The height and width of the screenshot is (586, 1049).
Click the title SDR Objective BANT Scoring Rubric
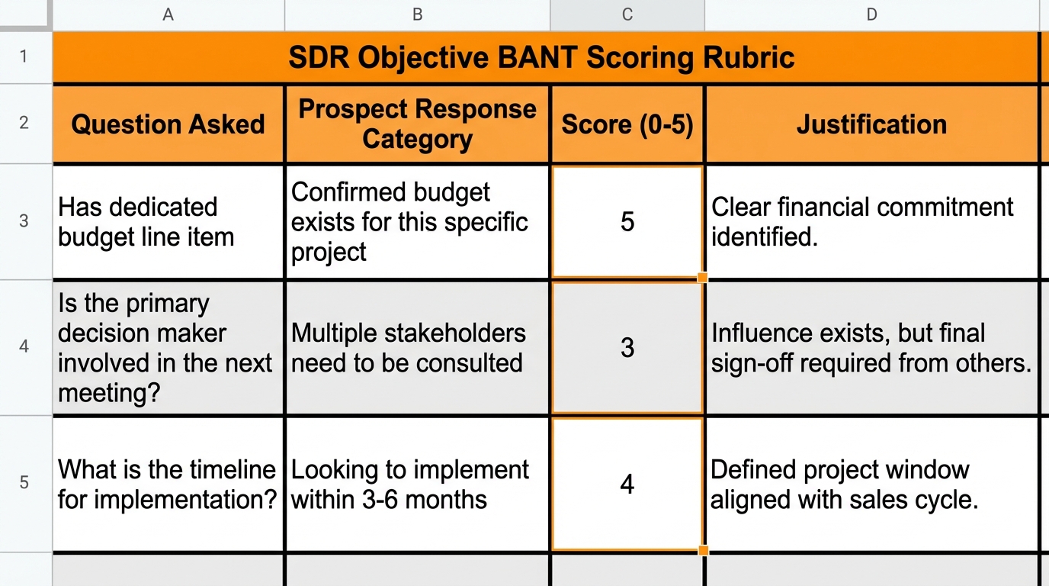(541, 58)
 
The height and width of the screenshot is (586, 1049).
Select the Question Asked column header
(168, 124)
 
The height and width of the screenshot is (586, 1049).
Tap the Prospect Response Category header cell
(417, 124)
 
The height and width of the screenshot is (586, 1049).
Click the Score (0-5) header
(627, 124)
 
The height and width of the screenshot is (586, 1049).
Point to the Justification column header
(871, 124)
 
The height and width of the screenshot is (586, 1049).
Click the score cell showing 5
(627, 221)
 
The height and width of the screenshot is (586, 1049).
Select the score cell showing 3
(627, 347)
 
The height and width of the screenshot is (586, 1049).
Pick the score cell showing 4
(627, 484)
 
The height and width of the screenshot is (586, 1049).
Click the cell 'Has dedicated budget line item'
(168, 222)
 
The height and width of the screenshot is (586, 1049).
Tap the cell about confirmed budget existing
(417, 222)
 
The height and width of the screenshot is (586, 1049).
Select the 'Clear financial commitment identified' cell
(871, 222)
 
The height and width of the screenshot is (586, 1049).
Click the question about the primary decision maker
(168, 347)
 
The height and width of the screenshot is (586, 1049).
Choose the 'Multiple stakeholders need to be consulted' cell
(417, 347)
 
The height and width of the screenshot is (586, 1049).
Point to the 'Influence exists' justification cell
(871, 347)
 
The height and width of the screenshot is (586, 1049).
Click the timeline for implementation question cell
(168, 485)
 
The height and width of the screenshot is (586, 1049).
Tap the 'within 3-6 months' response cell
(417, 485)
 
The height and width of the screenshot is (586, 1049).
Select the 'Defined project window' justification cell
(871, 485)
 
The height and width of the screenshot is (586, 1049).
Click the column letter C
(627, 14)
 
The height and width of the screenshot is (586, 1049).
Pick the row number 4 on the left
(24, 346)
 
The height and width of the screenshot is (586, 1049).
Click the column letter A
(168, 14)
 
